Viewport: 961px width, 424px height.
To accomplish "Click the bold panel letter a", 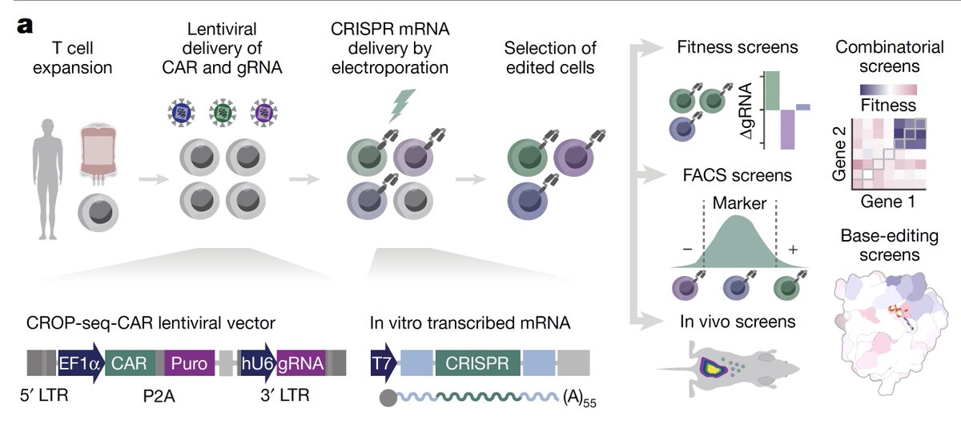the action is click(25, 26).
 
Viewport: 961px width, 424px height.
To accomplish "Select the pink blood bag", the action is click(98, 155).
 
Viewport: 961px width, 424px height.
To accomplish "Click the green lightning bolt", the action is click(401, 106).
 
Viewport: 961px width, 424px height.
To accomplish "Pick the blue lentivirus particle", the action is click(181, 113).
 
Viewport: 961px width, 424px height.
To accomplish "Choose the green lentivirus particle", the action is click(223, 113).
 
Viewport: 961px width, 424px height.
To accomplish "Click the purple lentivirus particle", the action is click(263, 113).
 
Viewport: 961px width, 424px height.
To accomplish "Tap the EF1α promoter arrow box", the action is click(81, 363).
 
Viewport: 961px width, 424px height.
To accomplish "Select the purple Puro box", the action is click(189, 363).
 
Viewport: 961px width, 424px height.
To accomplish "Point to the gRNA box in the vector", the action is click(301, 363).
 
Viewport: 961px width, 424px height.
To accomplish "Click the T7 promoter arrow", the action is click(383, 363).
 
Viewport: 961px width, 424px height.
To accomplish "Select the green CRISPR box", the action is click(477, 363).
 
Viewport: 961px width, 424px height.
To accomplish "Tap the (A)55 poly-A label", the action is click(580, 399).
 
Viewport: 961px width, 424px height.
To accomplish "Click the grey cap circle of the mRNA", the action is click(388, 398).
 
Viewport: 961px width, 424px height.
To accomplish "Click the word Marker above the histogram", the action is click(739, 203).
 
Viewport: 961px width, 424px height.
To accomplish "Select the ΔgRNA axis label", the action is click(746, 110).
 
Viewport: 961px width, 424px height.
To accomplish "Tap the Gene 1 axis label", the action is click(888, 202).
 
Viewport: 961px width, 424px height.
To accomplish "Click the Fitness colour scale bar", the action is click(888, 90).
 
